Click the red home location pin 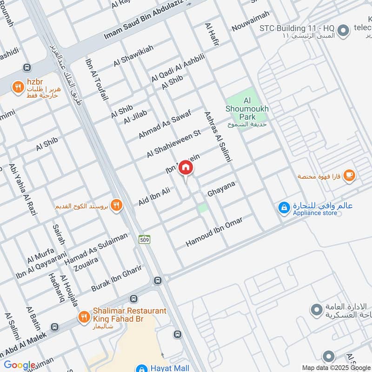(186, 168)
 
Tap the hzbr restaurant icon (18, 86)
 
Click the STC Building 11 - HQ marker (343, 31)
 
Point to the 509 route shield (144, 239)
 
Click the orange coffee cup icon (350, 176)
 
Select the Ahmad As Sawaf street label (165, 121)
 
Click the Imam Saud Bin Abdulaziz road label (142, 19)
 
